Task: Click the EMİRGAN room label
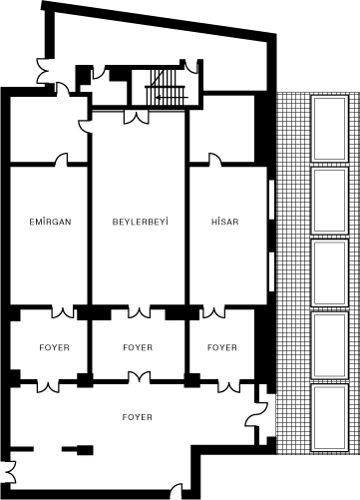tap(50, 222)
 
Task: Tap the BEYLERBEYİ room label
tap(140, 222)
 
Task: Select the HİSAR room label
tap(225, 222)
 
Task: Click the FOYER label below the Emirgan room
tap(54, 347)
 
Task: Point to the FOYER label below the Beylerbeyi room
tap(138, 347)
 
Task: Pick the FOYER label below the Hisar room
tap(222, 347)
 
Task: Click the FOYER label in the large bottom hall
tap(137, 417)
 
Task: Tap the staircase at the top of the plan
tap(165, 87)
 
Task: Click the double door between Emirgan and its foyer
tap(63, 312)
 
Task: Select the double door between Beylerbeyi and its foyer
tap(139, 312)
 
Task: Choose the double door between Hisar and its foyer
tap(213, 312)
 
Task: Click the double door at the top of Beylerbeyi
tap(136, 117)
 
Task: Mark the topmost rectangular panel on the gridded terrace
tap(329, 128)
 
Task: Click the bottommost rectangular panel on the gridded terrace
tap(329, 418)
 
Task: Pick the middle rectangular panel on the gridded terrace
tap(329, 272)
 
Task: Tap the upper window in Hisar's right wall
tap(271, 200)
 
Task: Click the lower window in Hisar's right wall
tap(271, 271)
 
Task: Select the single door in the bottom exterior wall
tap(177, 491)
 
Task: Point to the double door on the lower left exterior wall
tap(11, 472)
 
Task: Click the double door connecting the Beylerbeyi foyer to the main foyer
tap(139, 378)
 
